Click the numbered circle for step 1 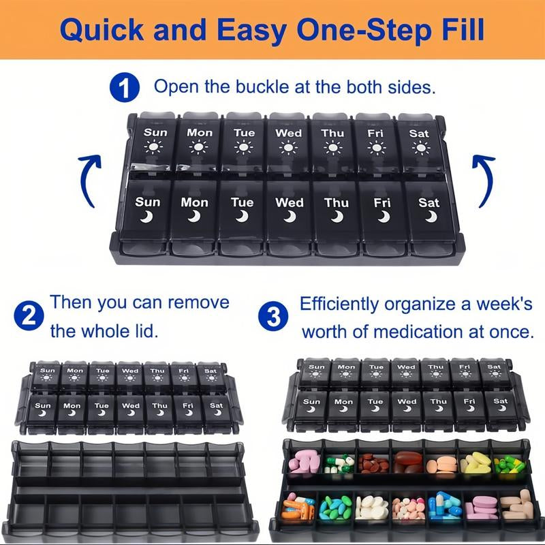(125, 87)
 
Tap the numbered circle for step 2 (29, 315)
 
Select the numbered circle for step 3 (273, 316)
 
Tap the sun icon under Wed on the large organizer (288, 148)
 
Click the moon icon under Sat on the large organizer (431, 217)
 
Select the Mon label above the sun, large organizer (200, 132)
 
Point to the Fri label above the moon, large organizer (382, 202)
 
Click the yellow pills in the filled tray (475, 463)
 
